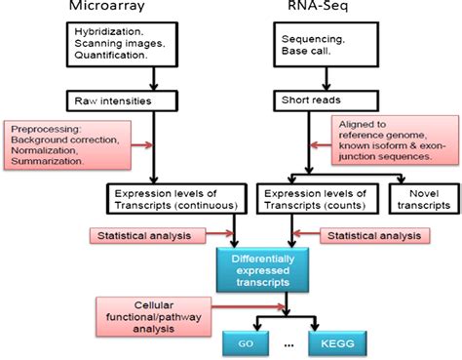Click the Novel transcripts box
pyautogui.click(x=424, y=199)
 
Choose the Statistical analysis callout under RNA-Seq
pyautogui.click(x=374, y=236)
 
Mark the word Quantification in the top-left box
pyautogui.click(x=110, y=57)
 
